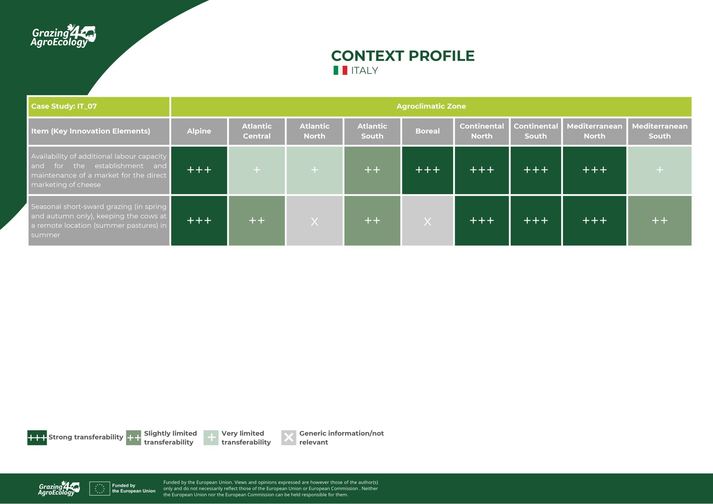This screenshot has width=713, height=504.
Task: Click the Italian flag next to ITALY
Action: point(340,70)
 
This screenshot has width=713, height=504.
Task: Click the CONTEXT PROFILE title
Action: point(403,56)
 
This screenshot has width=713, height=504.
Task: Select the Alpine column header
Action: point(199,131)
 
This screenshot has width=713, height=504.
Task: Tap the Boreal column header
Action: point(428,131)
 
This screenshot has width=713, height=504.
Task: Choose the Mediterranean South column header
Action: point(660,131)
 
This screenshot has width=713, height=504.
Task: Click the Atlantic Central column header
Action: point(257,131)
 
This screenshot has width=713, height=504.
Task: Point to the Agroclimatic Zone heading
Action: point(431,106)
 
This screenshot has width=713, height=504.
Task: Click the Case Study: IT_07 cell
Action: point(99,107)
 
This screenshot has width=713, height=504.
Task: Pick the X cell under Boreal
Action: point(428,221)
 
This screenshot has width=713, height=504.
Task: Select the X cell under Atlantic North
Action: point(314,221)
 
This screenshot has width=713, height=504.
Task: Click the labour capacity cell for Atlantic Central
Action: point(257,170)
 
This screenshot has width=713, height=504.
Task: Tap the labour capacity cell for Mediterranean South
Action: point(660,170)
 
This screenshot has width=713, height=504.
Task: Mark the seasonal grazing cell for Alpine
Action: point(199,221)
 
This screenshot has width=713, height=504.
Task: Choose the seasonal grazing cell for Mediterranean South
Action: point(660,221)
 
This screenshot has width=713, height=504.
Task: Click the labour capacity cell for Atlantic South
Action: point(372,170)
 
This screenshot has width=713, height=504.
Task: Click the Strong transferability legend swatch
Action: point(37,438)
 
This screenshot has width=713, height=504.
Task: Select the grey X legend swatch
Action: point(289,438)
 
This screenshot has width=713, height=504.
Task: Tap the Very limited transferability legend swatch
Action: point(211,438)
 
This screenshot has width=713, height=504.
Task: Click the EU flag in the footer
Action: point(99,488)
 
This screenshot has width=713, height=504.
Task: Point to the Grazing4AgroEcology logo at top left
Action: point(63,36)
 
